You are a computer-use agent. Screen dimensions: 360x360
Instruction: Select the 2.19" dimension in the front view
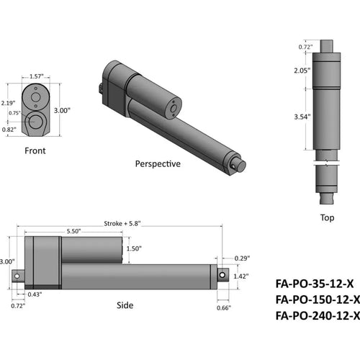(9, 103)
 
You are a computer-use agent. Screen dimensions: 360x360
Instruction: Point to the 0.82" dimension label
(9, 130)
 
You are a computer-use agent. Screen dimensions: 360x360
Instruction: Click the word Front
(35, 152)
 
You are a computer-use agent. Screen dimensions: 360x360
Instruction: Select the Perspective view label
(158, 163)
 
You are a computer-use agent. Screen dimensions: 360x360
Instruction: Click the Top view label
(327, 217)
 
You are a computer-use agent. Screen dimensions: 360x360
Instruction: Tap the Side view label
(125, 305)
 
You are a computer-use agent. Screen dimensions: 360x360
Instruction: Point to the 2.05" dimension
(302, 71)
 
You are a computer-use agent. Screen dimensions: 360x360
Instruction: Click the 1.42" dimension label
(241, 275)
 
